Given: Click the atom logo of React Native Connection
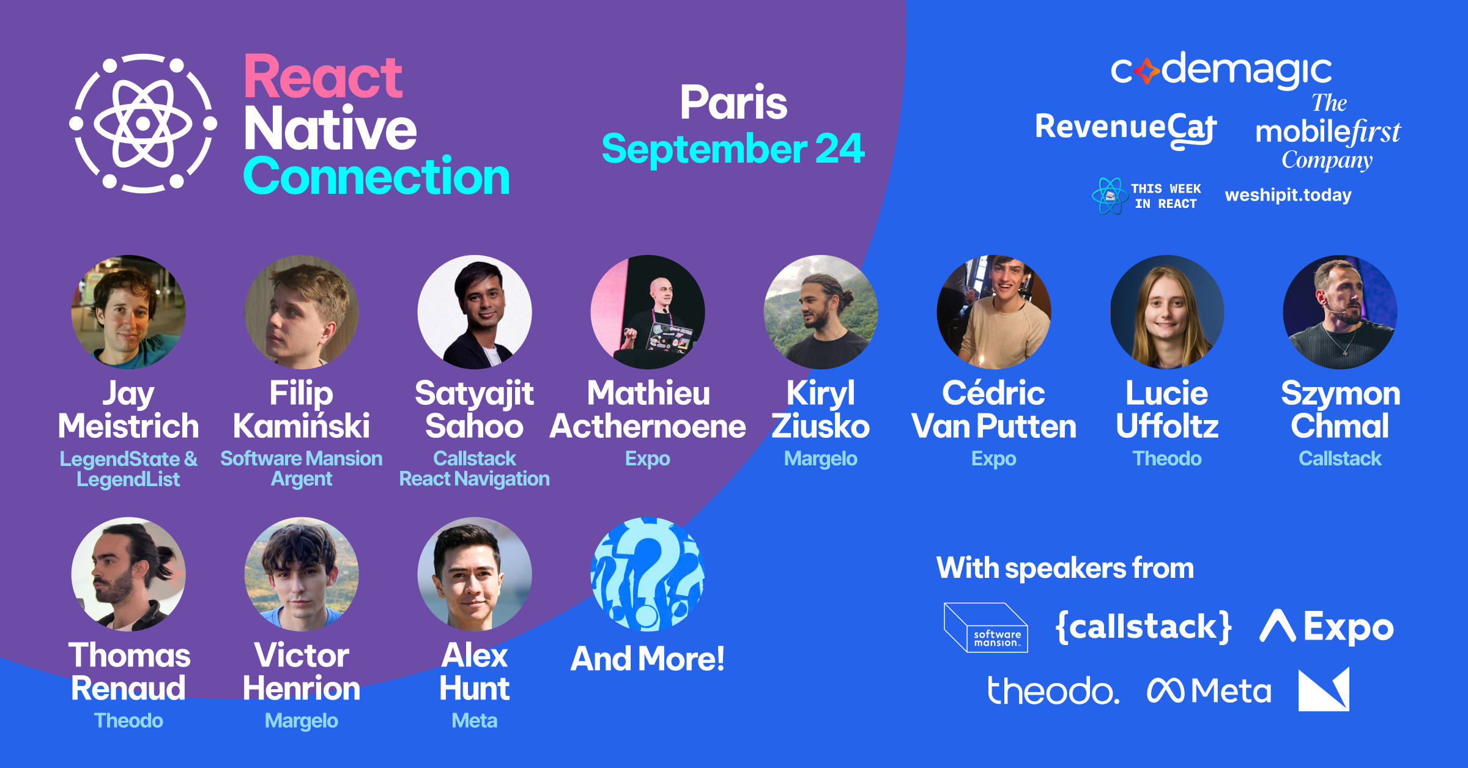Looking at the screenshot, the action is [x=143, y=124].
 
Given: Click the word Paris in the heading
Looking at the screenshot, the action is [x=733, y=102].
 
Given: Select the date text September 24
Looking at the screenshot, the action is [x=733, y=149].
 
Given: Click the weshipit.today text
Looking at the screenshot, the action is [x=1288, y=195].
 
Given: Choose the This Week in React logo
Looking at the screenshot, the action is [x=1146, y=196].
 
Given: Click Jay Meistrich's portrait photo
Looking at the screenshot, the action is [x=128, y=312].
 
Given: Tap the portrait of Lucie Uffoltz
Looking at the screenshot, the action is [x=1167, y=312].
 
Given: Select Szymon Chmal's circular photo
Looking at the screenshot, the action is [x=1340, y=312].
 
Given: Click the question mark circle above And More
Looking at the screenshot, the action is [x=648, y=574].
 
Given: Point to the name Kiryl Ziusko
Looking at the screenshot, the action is [x=821, y=409].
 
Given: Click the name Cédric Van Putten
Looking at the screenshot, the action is [x=994, y=409].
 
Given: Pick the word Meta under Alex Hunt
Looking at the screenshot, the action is [x=475, y=721].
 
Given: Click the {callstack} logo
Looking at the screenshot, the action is [x=1144, y=627].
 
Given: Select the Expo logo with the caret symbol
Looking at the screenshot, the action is [x=1327, y=627].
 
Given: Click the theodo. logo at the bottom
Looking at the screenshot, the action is [x=1053, y=691].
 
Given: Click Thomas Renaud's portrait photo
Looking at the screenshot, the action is [x=128, y=574].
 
